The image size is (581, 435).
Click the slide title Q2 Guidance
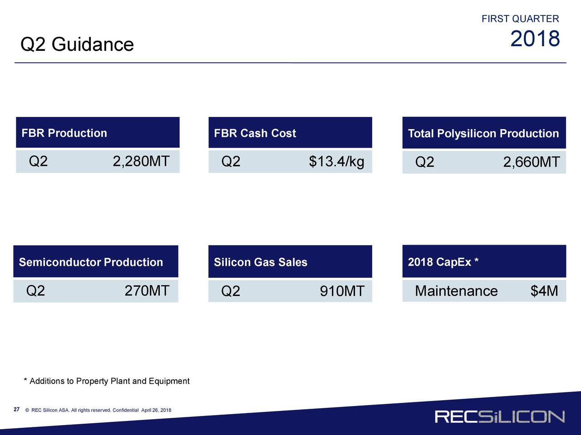point(77,44)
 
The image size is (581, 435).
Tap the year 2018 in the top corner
point(535,39)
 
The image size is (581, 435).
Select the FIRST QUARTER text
point(520,19)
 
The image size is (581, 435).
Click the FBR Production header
point(64,133)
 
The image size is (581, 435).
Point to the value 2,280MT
point(141,161)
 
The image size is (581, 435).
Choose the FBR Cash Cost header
point(255,133)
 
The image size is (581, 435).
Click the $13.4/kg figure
point(336,161)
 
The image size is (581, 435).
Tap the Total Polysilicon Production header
point(483,133)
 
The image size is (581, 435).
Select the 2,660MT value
point(531,162)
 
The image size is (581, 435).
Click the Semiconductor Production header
point(91,262)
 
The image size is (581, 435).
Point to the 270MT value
point(147,290)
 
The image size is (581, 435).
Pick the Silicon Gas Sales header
point(261,262)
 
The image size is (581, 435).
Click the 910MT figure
point(342,291)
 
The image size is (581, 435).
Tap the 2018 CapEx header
point(443,262)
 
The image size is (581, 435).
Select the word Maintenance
point(456,291)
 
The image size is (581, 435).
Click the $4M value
point(544,290)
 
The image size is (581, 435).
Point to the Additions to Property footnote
point(107,381)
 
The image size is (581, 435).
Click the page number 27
point(17,409)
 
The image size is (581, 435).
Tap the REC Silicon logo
point(499,416)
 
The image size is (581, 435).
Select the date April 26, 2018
point(156,410)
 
